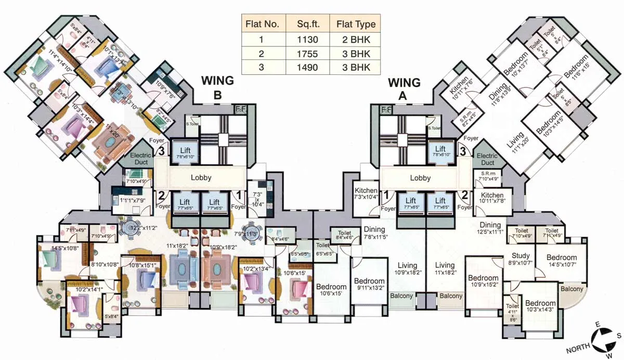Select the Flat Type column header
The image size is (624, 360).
coord(356,24)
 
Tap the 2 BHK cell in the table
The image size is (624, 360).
coord(356,38)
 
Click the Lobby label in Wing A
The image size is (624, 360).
coord(420,177)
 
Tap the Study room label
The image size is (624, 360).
coord(521,256)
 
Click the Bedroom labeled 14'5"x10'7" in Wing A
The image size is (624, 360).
coord(561,258)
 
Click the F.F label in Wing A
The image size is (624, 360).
coord(386,110)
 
